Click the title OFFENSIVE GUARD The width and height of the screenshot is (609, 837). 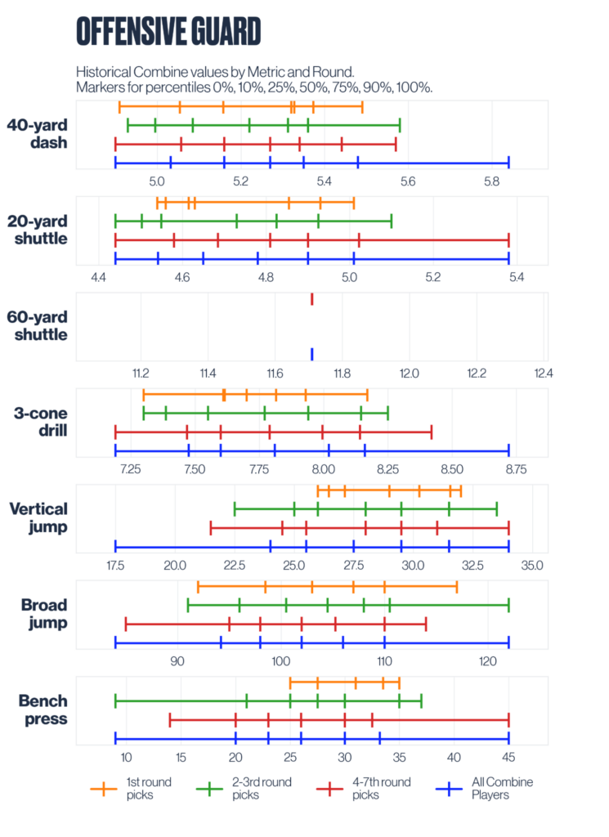pos(168,31)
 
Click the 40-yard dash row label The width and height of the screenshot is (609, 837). pos(38,134)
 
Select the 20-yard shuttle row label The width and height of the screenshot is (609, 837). pos(38,230)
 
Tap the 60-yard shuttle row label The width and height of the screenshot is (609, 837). pos(38,325)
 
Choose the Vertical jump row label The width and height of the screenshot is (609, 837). pos(38,517)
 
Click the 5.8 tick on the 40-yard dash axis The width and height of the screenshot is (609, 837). pos(491,181)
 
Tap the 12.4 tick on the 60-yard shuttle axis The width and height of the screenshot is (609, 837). pos(543,373)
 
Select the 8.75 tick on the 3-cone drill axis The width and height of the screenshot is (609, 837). pos(516,468)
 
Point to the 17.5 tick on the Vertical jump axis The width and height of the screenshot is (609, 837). pos(115,564)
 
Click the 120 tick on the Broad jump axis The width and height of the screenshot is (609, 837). pos(488,660)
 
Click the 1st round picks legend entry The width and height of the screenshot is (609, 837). pos(132,788)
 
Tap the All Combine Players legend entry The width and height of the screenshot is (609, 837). pos(482,788)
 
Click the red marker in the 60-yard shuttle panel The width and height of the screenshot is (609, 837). pos(311,300)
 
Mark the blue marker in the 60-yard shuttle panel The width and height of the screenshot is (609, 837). pos(311,354)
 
